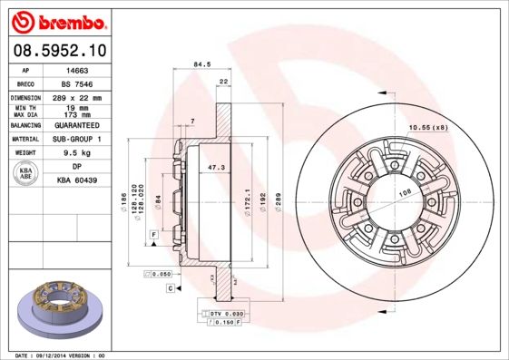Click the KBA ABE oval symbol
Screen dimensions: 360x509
[x=27, y=173]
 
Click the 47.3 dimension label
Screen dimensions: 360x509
[x=216, y=169]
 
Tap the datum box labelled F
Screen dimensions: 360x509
[x=155, y=235]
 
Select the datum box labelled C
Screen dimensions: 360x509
[x=170, y=287]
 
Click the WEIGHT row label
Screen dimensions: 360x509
[x=25, y=153]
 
